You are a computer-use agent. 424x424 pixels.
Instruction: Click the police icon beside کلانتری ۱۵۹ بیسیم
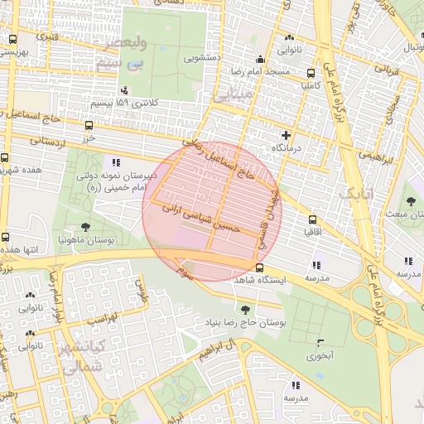[x=124, y=90]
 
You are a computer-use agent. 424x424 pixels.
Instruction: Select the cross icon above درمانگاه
[x=287, y=134]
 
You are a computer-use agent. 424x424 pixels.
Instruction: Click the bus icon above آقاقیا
[x=312, y=219]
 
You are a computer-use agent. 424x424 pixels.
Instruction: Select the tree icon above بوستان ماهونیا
[x=85, y=226]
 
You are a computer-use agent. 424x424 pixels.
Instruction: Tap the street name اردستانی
[x=47, y=141]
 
